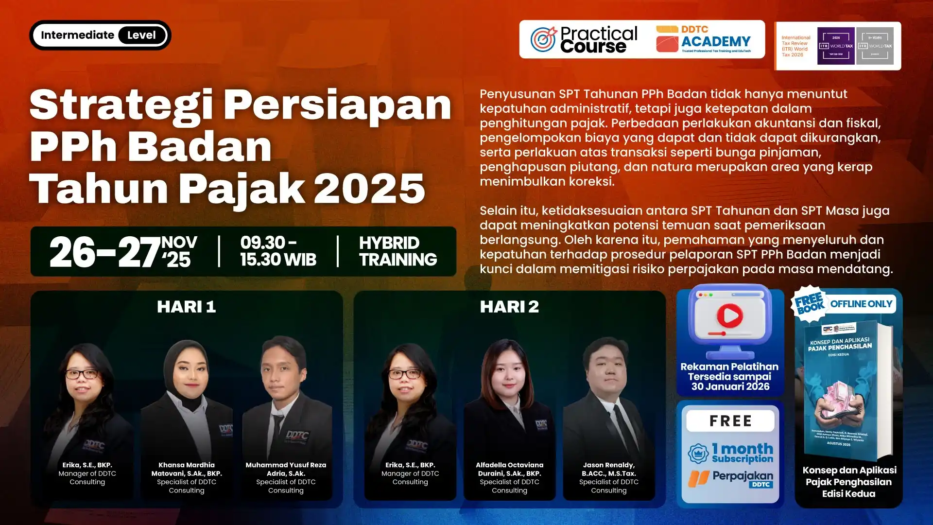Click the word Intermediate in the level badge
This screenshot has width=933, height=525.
[77, 35]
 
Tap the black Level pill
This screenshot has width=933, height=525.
[141, 35]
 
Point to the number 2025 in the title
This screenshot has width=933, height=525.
[369, 189]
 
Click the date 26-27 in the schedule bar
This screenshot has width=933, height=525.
[105, 252]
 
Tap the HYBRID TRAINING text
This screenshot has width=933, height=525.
[398, 251]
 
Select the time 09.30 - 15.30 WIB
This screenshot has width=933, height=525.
[278, 251]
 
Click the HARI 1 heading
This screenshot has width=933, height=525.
[186, 307]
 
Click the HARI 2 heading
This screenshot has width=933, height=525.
[509, 307]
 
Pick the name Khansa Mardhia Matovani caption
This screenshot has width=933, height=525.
[187, 469]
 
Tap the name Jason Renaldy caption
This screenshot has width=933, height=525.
[609, 469]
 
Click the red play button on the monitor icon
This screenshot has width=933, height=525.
[730, 316]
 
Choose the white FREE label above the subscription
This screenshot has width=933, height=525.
[730, 421]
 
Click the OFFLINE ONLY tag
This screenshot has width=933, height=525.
[861, 304]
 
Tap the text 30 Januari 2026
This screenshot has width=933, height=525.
[730, 387]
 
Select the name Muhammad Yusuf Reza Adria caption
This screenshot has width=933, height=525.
[286, 469]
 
